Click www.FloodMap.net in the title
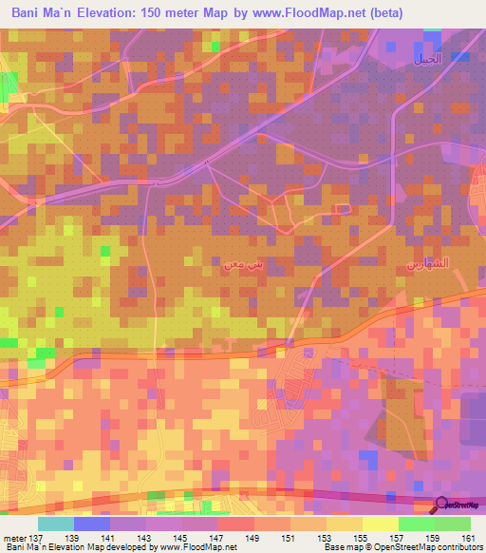311,13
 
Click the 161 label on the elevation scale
467,538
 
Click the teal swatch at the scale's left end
56,524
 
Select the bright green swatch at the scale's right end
453,524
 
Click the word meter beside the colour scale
14,538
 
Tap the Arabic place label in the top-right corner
426,59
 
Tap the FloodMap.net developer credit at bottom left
119,547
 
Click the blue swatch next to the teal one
92,524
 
